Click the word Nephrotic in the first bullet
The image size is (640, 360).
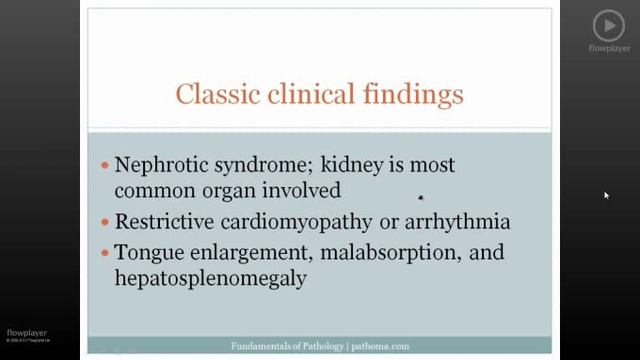click(159, 163)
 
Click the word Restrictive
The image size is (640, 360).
click(165, 220)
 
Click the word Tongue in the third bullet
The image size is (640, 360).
click(148, 252)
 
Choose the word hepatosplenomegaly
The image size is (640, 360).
click(210, 279)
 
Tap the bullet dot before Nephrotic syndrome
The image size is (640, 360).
click(105, 164)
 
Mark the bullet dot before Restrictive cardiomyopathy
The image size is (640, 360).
click(105, 221)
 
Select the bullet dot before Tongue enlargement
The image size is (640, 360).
click(105, 252)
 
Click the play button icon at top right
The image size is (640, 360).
click(608, 25)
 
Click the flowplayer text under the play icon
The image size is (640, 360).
click(608, 48)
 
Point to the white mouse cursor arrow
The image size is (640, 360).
click(606, 196)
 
